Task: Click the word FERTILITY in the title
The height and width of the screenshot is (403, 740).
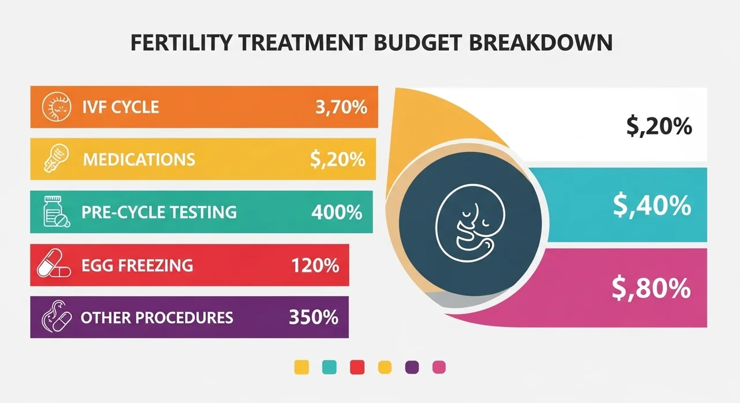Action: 182,42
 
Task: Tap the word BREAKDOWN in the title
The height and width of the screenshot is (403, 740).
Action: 541,42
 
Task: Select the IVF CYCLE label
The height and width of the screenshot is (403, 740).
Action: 121,107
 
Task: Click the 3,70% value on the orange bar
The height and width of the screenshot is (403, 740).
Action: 341,107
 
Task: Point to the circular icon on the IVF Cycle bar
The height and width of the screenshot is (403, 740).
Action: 57,107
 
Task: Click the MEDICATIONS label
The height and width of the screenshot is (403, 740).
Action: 139,159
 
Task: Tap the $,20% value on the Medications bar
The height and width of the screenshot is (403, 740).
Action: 338,159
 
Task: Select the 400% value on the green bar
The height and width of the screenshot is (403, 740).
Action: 336,212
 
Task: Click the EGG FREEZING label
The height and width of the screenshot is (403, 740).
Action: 137,266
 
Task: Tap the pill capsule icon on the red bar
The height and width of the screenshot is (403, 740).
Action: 54,263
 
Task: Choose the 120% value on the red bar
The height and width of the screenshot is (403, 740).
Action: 315,266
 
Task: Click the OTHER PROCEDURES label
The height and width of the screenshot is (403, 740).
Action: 157,318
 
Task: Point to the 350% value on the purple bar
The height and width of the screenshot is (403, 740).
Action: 313,317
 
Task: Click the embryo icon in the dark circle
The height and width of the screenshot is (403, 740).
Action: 470,223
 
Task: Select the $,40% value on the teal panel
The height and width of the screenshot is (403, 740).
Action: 652,206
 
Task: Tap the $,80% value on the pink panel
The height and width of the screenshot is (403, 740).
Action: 651,289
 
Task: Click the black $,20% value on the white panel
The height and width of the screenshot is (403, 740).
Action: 659,126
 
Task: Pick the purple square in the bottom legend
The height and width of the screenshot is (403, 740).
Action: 412,367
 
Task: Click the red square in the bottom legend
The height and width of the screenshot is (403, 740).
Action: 357,367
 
